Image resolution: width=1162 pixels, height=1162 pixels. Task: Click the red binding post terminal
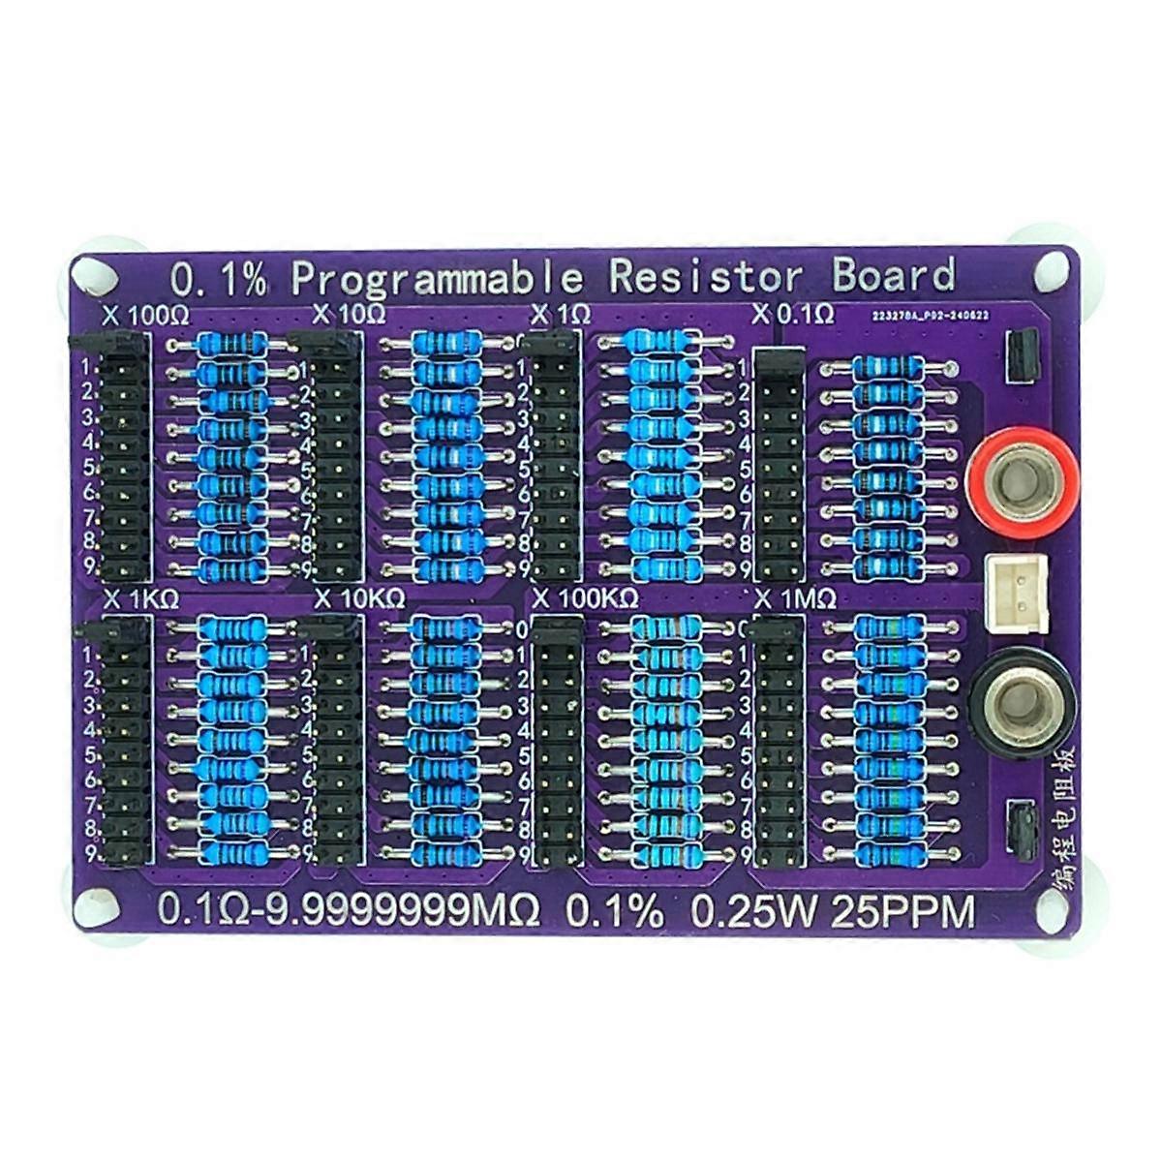point(1023,481)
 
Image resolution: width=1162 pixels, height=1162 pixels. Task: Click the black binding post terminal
point(1023,703)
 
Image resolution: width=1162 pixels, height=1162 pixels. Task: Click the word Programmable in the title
point(437,280)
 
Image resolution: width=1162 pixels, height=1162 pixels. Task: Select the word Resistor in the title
point(706,278)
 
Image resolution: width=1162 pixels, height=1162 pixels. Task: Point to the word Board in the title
point(893,276)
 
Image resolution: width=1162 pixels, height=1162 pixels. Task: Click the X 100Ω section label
point(145,316)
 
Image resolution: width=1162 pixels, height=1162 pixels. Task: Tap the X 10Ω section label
point(351,315)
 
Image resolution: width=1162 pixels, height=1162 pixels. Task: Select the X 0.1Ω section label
point(794,314)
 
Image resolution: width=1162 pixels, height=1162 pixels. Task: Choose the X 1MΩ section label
point(795,598)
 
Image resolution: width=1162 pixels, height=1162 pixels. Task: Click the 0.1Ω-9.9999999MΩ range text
point(349,912)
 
